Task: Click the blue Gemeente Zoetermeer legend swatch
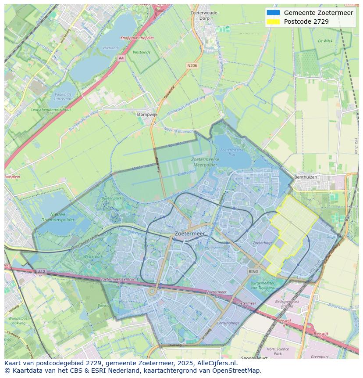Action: tap(273, 12)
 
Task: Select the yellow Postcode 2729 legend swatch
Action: tap(273, 22)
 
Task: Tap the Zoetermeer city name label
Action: tap(189, 234)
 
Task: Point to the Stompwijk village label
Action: tap(147, 114)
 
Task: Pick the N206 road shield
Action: tap(192, 65)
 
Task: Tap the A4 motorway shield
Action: tap(121, 58)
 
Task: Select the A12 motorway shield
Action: tap(41, 272)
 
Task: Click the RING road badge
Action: tap(253, 272)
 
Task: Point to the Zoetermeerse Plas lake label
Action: tap(228, 152)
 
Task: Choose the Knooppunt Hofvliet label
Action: tap(137, 38)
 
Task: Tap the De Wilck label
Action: tap(325, 41)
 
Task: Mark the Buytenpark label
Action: tap(111, 198)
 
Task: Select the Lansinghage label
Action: tap(228, 323)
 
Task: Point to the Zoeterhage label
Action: tap(263, 243)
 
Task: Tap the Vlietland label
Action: tap(110, 48)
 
